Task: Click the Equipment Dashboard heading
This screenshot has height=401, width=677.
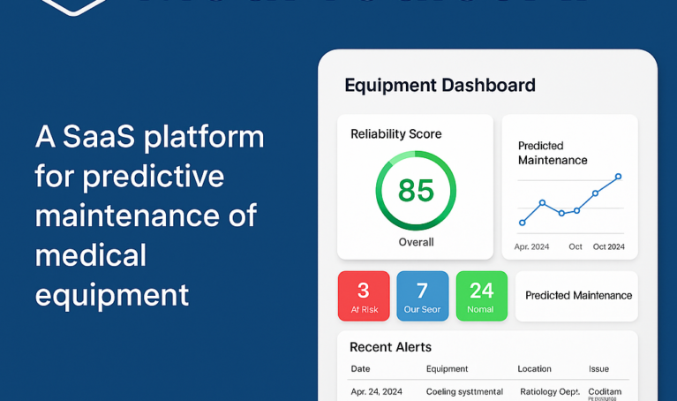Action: tap(440, 86)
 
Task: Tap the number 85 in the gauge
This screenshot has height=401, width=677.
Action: tap(416, 190)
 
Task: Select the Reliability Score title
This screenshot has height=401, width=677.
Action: tap(395, 134)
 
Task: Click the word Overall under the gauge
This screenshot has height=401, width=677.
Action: tap(416, 242)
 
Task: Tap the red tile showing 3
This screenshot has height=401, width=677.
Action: tap(363, 296)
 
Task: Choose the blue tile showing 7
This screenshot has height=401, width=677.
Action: tap(422, 296)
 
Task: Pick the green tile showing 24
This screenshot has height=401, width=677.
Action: tap(481, 296)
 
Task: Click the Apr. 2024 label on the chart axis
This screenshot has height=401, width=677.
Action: tap(531, 246)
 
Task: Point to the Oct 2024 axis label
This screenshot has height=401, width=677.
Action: tap(609, 246)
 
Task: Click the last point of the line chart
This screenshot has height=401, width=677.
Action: tap(618, 177)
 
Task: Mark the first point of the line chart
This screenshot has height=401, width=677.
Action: tap(523, 223)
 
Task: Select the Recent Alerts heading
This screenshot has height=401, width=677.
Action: tap(390, 347)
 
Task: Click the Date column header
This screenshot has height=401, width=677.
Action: tap(360, 369)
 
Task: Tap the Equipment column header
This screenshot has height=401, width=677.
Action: tap(447, 369)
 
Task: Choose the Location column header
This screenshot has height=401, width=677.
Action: tap(534, 369)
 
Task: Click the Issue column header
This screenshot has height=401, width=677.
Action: tap(599, 369)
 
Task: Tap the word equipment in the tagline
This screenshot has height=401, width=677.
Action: tap(112, 294)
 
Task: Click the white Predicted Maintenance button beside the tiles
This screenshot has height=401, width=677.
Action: tap(578, 296)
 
